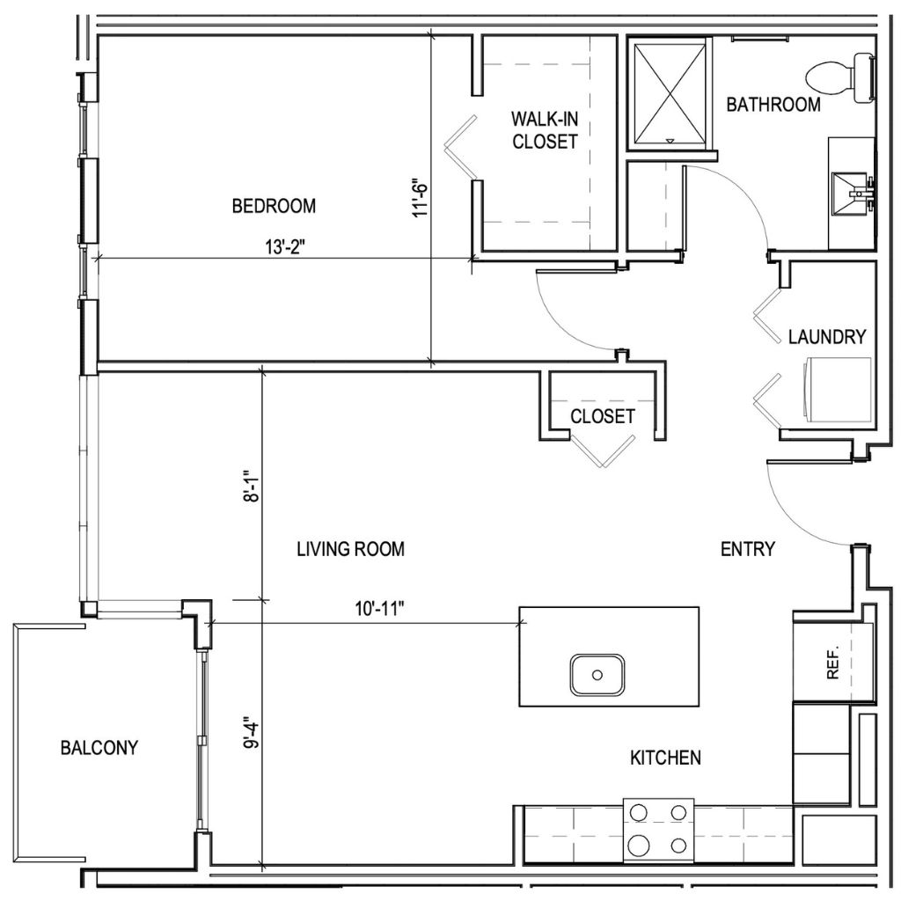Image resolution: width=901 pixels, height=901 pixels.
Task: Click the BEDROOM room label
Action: point(273,206)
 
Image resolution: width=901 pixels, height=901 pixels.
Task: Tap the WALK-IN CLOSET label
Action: point(545,129)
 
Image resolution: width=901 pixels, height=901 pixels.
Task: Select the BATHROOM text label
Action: point(773,105)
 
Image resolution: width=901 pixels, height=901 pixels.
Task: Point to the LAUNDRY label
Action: point(826,336)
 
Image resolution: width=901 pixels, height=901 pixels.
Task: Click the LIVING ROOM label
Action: point(350,549)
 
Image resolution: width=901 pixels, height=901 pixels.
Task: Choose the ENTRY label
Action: point(747,549)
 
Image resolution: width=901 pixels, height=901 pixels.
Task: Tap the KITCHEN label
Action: point(664,757)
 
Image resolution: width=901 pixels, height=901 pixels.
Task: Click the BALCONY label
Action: point(99,748)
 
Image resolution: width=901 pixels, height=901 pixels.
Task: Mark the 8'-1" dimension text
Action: point(252,484)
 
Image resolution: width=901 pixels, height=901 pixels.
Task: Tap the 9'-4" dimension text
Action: point(252,730)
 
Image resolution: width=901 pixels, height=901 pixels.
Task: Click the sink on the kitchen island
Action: point(597,675)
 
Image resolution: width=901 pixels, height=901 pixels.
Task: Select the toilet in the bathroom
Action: point(841,76)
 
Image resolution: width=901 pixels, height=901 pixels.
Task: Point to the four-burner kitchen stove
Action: point(658,829)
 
